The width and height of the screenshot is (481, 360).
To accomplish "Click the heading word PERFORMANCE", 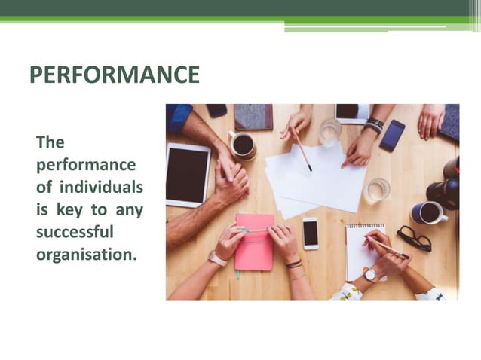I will pyautogui.click(x=114, y=75).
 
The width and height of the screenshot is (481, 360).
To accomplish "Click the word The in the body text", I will pyautogui.click(x=51, y=142).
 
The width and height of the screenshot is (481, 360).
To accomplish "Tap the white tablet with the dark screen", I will pyautogui.click(x=188, y=175).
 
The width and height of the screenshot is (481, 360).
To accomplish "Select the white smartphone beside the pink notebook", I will pyautogui.click(x=310, y=233).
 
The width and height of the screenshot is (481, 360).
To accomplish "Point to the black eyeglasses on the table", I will pyautogui.click(x=414, y=239).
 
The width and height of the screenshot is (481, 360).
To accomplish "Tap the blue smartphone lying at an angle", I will pyautogui.click(x=392, y=135).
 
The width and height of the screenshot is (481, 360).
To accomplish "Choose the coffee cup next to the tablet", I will pyautogui.click(x=243, y=145).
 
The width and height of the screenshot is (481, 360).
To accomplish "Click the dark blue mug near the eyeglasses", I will pyautogui.click(x=427, y=213).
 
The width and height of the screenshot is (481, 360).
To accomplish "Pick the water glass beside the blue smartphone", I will pyautogui.click(x=329, y=132).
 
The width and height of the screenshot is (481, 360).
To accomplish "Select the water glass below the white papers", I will pyautogui.click(x=376, y=189).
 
